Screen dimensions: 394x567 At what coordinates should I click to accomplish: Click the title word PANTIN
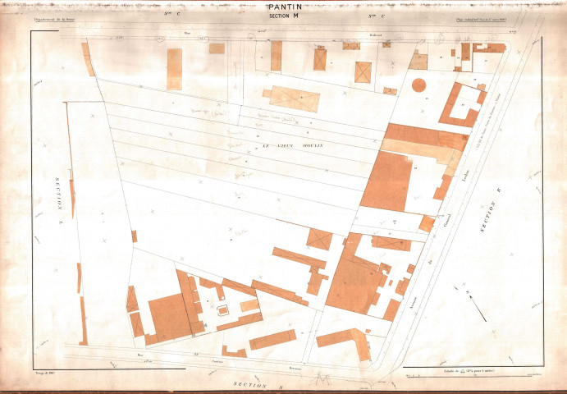pos(284,7)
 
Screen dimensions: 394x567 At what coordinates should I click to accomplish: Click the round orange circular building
pos(418,85)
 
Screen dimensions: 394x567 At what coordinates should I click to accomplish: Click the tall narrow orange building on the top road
pos(174,68)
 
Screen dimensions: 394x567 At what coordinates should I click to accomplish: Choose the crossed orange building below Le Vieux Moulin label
pos(319,239)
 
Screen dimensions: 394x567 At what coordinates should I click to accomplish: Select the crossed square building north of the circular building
pos(363,71)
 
